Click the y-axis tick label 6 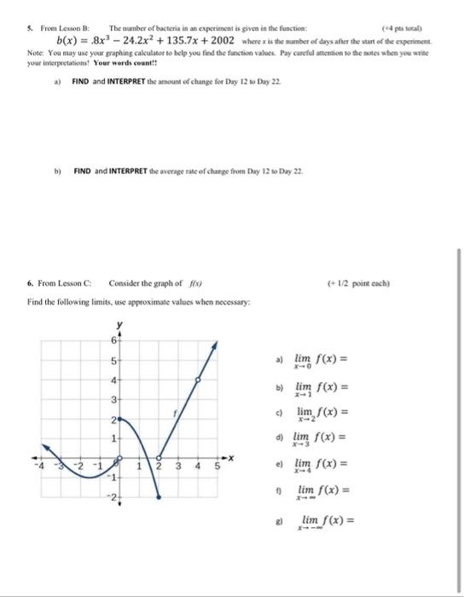111,341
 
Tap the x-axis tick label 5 217,467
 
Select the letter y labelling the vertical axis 119,326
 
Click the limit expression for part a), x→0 317,361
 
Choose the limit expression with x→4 317,467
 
